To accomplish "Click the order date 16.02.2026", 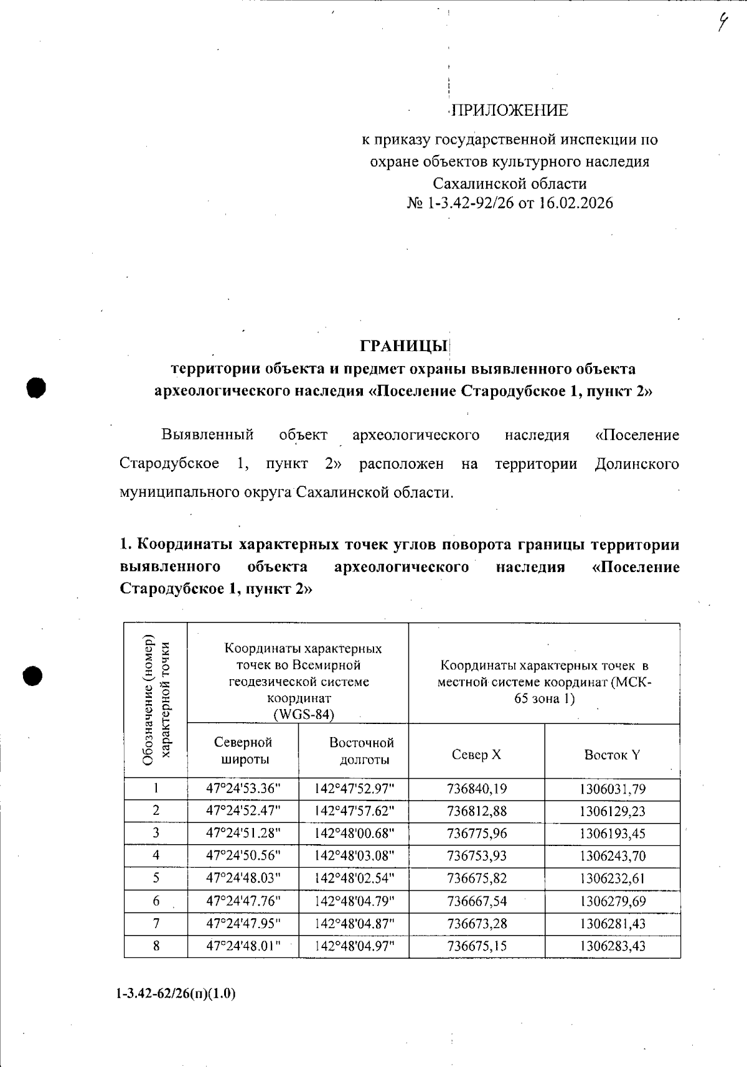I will tap(576, 203).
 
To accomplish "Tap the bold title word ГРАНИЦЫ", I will tap(403, 345).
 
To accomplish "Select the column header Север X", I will tap(476, 754).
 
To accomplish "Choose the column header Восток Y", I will tap(611, 754).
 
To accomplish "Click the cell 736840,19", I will tap(477, 789).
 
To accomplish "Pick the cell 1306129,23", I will tap(612, 811).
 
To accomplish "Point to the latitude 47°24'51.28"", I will tap(243, 833).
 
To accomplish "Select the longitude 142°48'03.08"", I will tap(354, 855).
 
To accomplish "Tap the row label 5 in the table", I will tap(156, 878).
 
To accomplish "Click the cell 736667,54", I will tap(477, 901).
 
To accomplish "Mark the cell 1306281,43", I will tap(612, 923).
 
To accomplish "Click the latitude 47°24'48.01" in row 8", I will tap(243, 946).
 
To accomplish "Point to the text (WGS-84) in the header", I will tap(304, 714).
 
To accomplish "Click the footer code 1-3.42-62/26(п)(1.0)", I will tap(176, 994).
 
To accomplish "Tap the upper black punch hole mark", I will tap(36, 387).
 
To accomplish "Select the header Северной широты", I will tap(243, 750).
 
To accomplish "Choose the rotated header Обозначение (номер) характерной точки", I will tap(156, 700).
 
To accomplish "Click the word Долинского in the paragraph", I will tap(636, 464).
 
